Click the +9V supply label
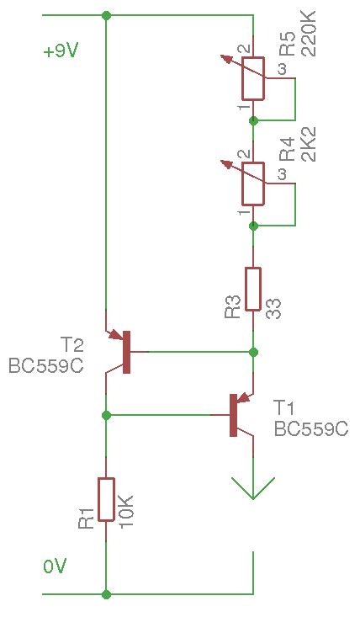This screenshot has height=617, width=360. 61,51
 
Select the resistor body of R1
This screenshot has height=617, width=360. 106,499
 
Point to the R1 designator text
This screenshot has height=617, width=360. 87,519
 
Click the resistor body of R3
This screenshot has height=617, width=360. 252,289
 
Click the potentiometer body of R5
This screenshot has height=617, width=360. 252,80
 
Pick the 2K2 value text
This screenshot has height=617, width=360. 308,145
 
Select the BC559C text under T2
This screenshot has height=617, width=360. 45,366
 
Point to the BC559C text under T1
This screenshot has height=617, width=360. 310,428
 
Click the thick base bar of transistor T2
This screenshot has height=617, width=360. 126,352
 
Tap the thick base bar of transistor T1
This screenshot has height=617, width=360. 233,414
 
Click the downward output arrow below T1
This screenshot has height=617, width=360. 252,487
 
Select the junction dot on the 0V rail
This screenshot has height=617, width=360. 106,593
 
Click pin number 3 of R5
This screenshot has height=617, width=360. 282,68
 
